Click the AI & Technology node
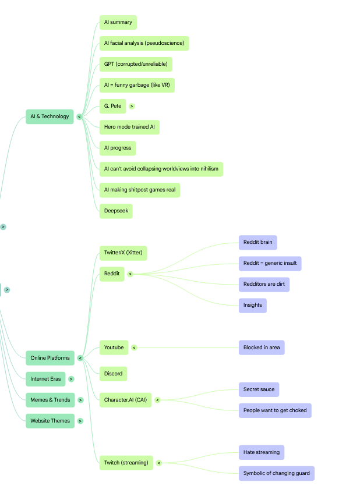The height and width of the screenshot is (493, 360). point(50,116)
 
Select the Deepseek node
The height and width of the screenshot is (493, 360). point(116,211)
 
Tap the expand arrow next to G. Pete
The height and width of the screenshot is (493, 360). point(132,107)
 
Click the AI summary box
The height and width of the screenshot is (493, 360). point(118,22)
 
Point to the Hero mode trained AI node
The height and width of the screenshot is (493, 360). point(130,127)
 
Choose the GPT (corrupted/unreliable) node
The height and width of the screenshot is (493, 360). point(136,64)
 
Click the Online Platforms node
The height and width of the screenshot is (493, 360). point(50,358)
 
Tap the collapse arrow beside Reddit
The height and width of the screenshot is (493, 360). point(130,274)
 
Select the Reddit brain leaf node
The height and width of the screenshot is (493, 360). point(258,242)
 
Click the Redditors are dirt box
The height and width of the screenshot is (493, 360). point(264,285)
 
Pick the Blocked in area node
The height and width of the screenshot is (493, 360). point(262,347)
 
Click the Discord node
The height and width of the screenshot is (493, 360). point(113,374)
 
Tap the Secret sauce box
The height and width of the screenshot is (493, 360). point(259,389)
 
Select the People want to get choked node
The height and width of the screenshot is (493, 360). point(275,410)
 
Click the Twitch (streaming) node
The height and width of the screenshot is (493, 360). point(126,463)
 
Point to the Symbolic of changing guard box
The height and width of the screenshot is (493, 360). point(277,474)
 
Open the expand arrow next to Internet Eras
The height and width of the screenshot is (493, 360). point(72,379)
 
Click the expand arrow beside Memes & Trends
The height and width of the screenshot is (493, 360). point(80,400)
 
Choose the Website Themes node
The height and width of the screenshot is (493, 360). point(50,421)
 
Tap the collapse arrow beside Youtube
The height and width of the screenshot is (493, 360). point(135,347)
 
